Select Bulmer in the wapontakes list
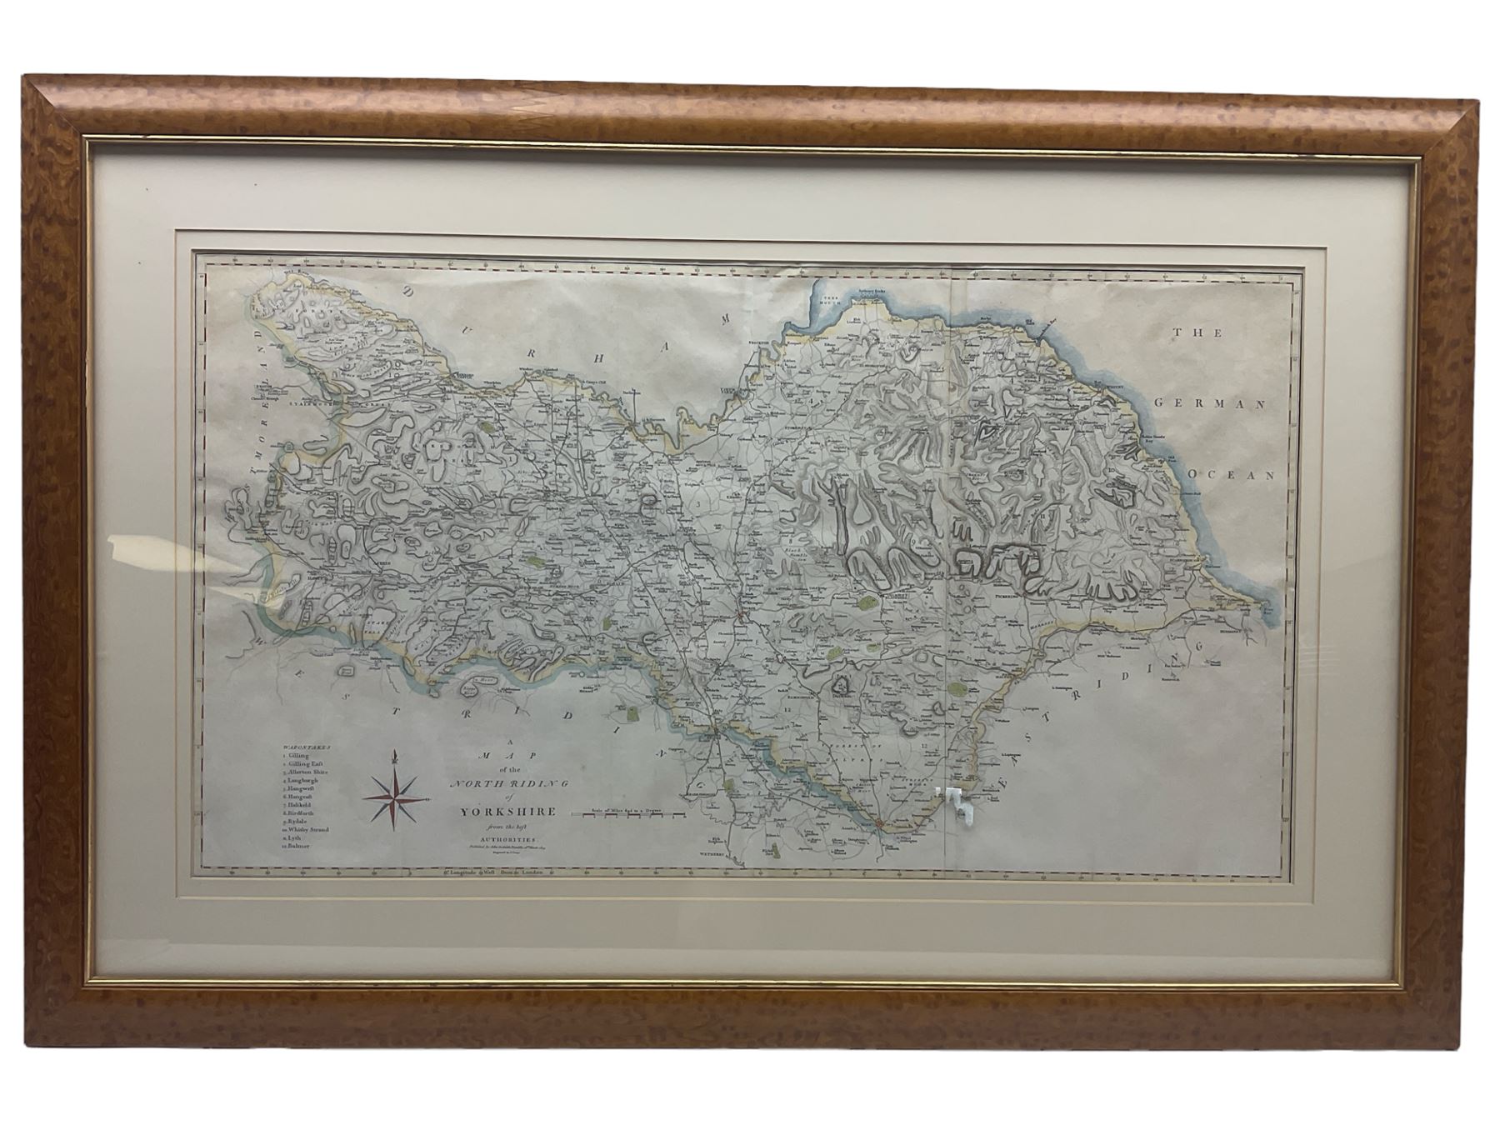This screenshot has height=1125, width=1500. tap(301, 847)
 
